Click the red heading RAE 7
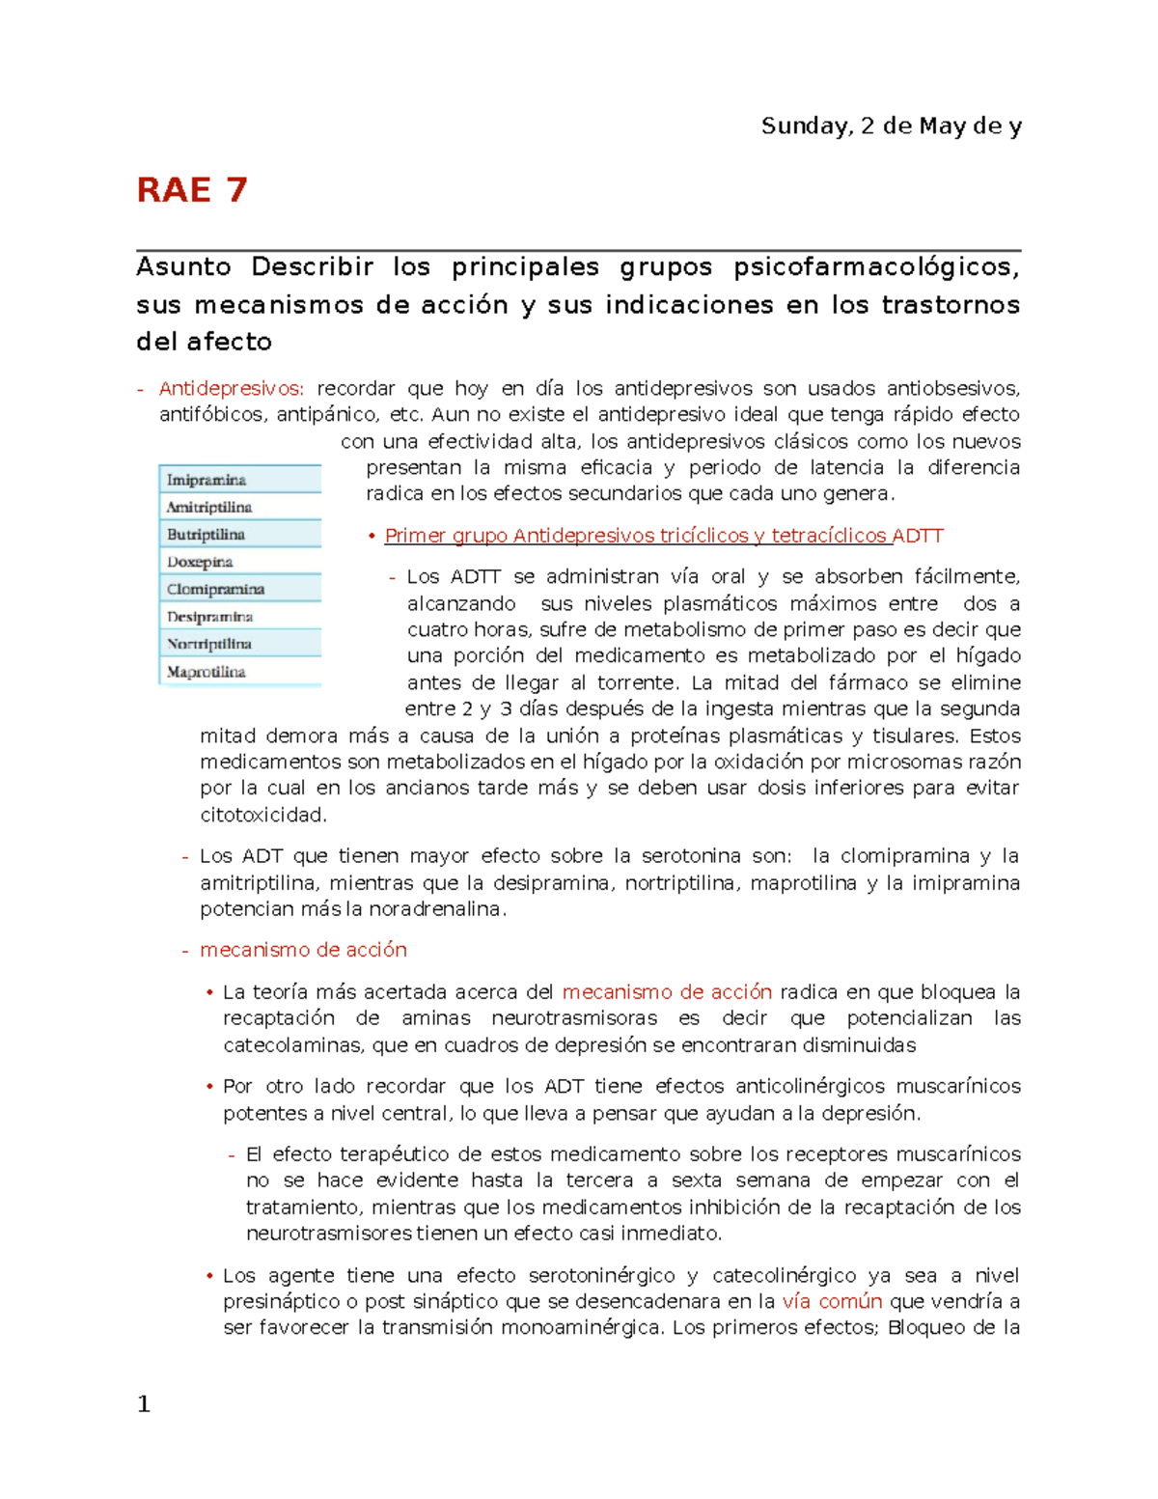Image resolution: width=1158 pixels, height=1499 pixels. coord(192,190)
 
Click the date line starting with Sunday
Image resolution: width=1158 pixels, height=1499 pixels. coord(891,126)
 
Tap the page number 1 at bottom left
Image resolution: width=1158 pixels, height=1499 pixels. coord(144,1404)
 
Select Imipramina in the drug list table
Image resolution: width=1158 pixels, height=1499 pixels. coord(207,480)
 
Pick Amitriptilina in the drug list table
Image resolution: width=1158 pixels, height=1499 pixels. coord(209,507)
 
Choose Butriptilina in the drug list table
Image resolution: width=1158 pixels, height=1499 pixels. coord(206,534)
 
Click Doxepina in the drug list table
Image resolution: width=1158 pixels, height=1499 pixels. coord(200,562)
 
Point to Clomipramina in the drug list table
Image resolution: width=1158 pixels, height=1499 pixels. coord(215,589)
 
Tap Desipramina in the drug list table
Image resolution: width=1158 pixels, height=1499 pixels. coord(209,616)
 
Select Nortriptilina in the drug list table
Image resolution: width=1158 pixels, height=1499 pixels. coord(209,644)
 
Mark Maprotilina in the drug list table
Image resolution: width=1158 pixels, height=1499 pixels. coord(206,672)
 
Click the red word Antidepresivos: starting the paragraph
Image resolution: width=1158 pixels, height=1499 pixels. coord(232,389)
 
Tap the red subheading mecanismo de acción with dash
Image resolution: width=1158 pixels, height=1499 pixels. coord(303,950)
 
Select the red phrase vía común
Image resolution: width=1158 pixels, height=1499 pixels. coord(832,1301)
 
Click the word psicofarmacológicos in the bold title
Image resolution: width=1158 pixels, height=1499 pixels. coord(876,267)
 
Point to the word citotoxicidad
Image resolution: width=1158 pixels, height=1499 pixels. coord(263,815)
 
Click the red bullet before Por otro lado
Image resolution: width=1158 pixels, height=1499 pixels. coord(209,1087)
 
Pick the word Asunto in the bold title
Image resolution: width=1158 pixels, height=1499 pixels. coord(183,267)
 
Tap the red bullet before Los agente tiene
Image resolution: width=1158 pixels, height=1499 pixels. coord(209,1276)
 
